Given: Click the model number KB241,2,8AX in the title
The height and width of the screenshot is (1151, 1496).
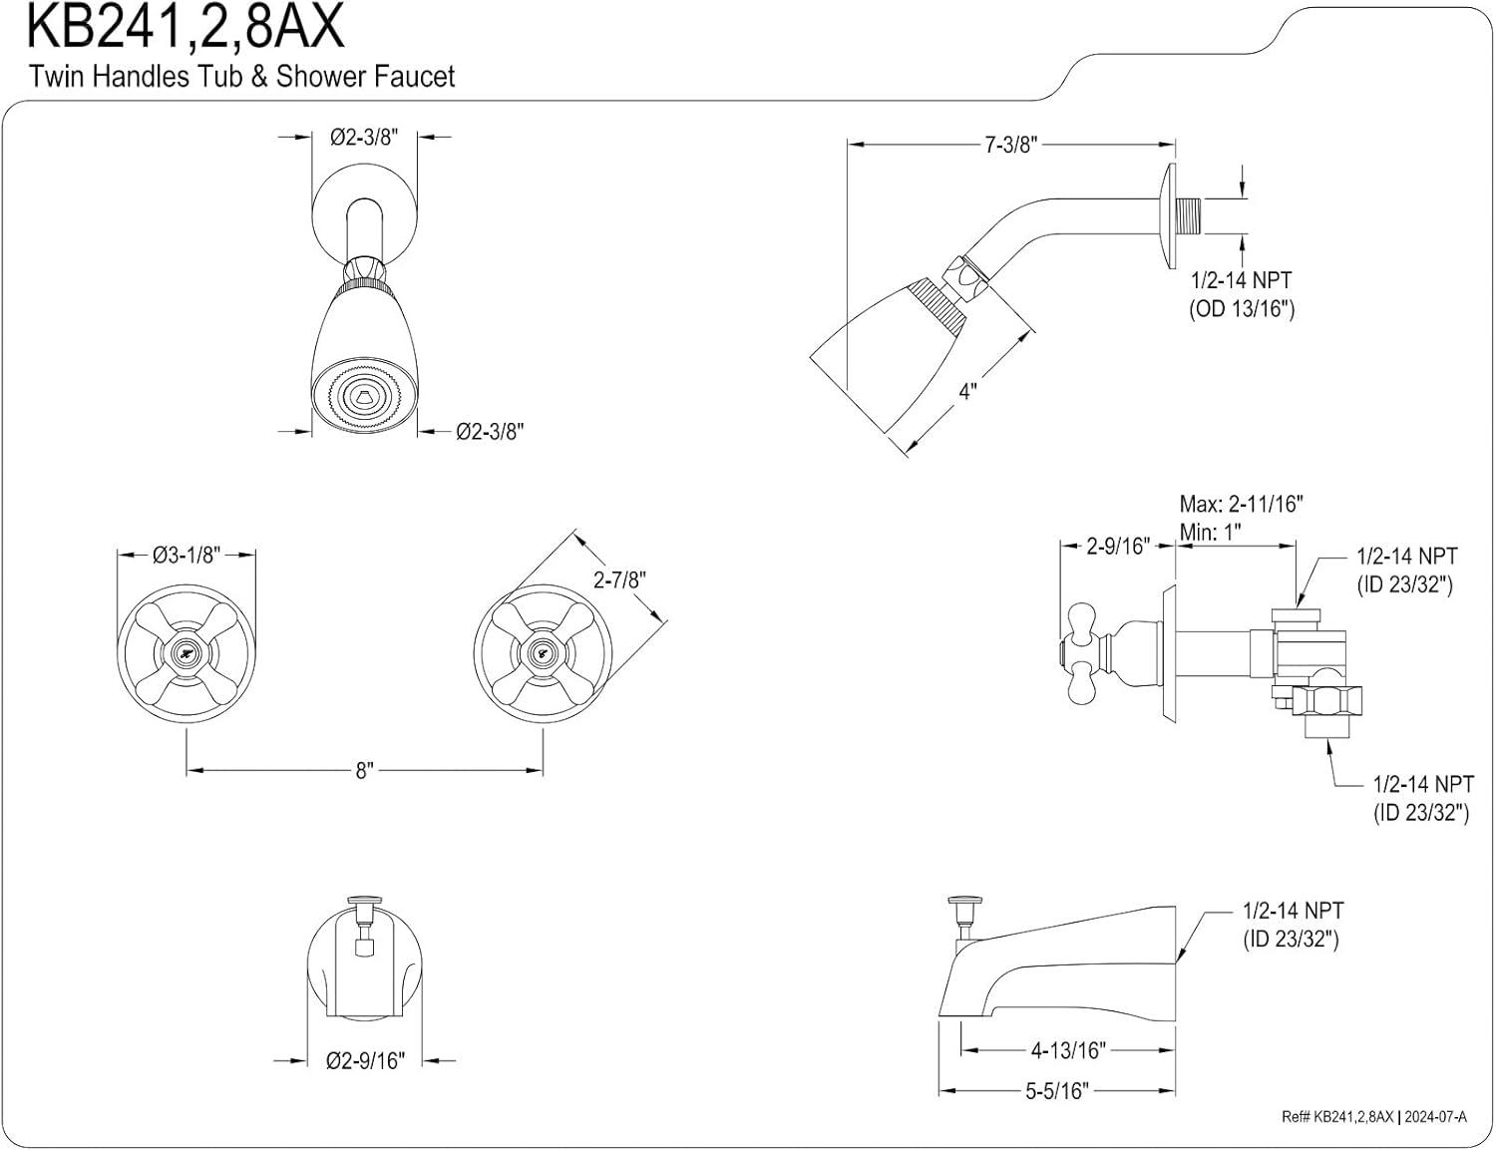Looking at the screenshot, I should [x=186, y=27].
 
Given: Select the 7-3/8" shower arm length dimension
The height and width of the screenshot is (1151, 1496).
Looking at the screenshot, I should [x=1011, y=145].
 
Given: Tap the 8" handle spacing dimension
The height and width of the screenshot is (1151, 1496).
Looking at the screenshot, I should [x=364, y=770].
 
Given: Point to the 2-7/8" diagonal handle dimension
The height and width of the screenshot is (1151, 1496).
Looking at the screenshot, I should [x=619, y=579].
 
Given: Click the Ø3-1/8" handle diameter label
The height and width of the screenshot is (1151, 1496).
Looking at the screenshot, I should [x=187, y=555].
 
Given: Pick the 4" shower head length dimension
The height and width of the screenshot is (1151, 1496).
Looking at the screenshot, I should [x=966, y=391].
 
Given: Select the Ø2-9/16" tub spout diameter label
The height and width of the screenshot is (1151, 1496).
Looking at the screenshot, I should [x=365, y=1060].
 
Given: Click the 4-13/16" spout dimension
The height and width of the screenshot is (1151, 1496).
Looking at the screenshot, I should [x=1067, y=1049].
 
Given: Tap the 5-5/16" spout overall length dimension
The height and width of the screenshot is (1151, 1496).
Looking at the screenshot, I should [x=1056, y=1091].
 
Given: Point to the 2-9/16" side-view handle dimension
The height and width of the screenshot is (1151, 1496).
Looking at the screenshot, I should [x=1117, y=546].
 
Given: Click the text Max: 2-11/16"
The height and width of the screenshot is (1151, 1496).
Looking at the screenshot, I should [x=1241, y=504].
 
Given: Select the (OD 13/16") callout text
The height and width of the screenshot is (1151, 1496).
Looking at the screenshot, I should [x=1241, y=309].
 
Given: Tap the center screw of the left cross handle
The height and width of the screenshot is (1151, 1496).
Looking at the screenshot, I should [x=187, y=652].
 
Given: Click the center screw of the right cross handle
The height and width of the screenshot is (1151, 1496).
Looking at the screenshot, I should [x=542, y=652].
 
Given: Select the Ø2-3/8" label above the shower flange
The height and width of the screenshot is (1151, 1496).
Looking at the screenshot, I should [x=364, y=138].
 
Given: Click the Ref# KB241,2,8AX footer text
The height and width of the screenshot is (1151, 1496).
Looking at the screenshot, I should [x=1336, y=1117].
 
